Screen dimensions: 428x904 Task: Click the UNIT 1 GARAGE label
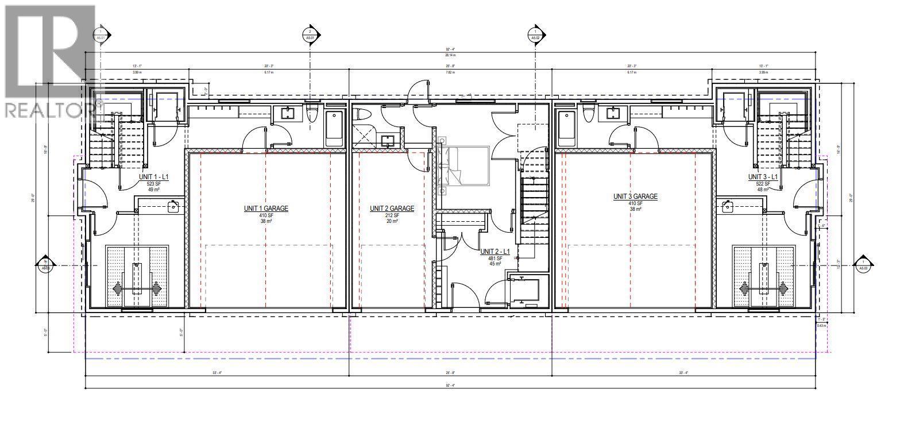pos(265,209)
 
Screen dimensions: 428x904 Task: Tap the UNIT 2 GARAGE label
pos(392,209)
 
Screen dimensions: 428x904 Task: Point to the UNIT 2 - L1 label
pos(495,252)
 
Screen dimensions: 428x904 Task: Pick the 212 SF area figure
pos(392,215)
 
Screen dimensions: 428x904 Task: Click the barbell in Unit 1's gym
pos(136,287)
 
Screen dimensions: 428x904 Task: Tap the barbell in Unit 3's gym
pos(764,287)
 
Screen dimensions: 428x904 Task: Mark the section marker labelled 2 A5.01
pos(310,34)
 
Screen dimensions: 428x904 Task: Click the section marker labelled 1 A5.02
pos(535,34)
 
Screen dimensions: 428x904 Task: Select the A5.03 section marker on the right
pos(861,264)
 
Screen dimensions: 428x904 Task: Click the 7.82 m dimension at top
pos(450,73)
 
